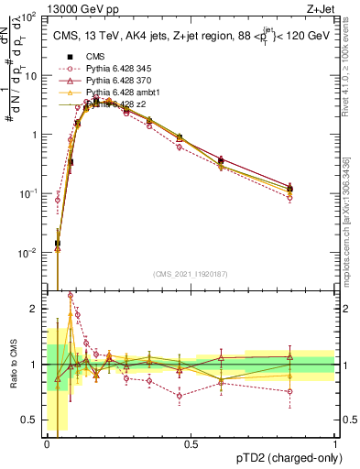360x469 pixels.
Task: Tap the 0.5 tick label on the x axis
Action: (191, 444)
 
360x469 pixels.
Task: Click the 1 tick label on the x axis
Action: (334, 444)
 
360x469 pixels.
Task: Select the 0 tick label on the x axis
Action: (47, 444)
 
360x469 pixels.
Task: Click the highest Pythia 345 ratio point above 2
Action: (71, 295)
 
